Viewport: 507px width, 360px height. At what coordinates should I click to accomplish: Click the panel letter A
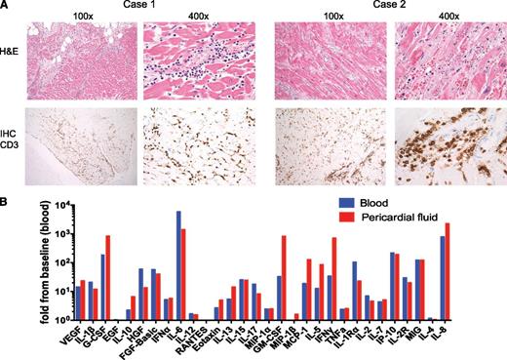pyautogui.click(x=7, y=6)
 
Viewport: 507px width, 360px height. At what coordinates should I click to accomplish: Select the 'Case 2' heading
pyautogui.click(x=386, y=6)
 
